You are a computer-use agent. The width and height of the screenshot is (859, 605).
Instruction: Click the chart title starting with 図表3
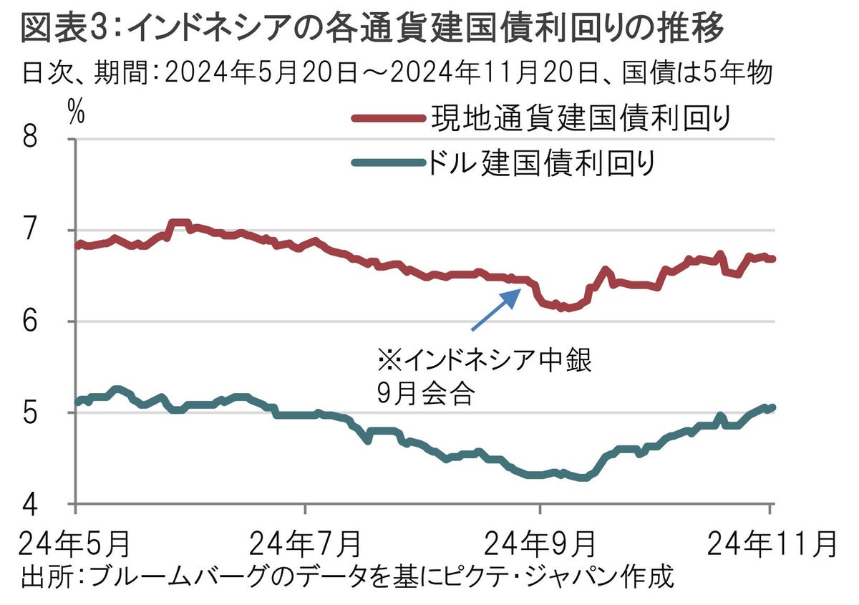372,30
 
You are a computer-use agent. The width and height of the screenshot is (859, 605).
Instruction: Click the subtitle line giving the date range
397,74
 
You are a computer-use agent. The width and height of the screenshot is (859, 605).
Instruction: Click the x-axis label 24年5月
74,544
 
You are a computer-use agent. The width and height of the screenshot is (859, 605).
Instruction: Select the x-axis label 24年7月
306,544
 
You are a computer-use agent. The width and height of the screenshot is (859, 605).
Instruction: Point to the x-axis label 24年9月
540,544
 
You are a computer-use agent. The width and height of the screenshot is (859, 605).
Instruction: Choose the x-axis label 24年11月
770,544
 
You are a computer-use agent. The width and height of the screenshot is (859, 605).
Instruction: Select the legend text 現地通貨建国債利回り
579,119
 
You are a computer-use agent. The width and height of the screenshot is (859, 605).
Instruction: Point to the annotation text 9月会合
425,394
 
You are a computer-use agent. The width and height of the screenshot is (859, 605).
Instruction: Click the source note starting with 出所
348,577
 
